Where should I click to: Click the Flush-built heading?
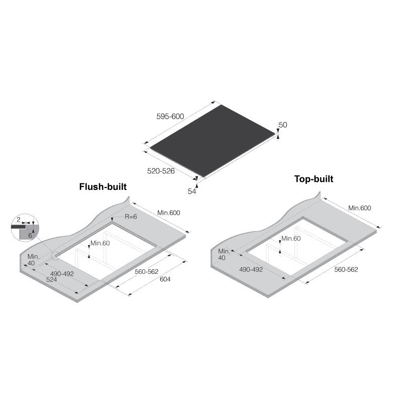pyautogui.click(x=103, y=187)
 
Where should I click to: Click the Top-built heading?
pyautogui.click(x=314, y=179)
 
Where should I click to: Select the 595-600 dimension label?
pyautogui.click(x=170, y=117)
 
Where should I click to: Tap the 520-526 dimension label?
pyautogui.click(x=161, y=171)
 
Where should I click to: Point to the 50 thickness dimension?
pyautogui.click(x=282, y=125)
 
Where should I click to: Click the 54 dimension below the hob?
pyautogui.click(x=192, y=191)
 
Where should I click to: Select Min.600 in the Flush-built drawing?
pyautogui.click(x=168, y=213)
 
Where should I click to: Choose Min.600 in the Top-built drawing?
pyautogui.click(x=359, y=208)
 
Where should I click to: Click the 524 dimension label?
pyautogui.click(x=52, y=279)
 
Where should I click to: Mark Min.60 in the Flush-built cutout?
pyautogui.click(x=99, y=244)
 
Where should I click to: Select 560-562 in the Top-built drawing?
pyautogui.click(x=346, y=270)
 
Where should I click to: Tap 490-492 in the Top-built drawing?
pyautogui.click(x=251, y=270)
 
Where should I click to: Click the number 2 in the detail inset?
pyautogui.click(x=19, y=220)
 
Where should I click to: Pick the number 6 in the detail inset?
pyautogui.click(x=30, y=235)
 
